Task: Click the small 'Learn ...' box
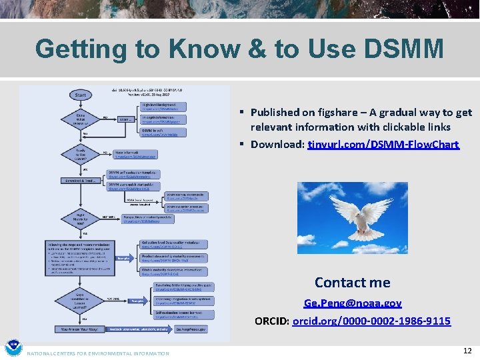pos(127,119)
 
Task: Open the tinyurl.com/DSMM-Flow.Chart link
pos(383,144)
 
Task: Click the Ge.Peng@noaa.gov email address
pos(353,303)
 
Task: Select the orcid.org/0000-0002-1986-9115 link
pos(371,321)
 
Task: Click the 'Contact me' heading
pos(352,283)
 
